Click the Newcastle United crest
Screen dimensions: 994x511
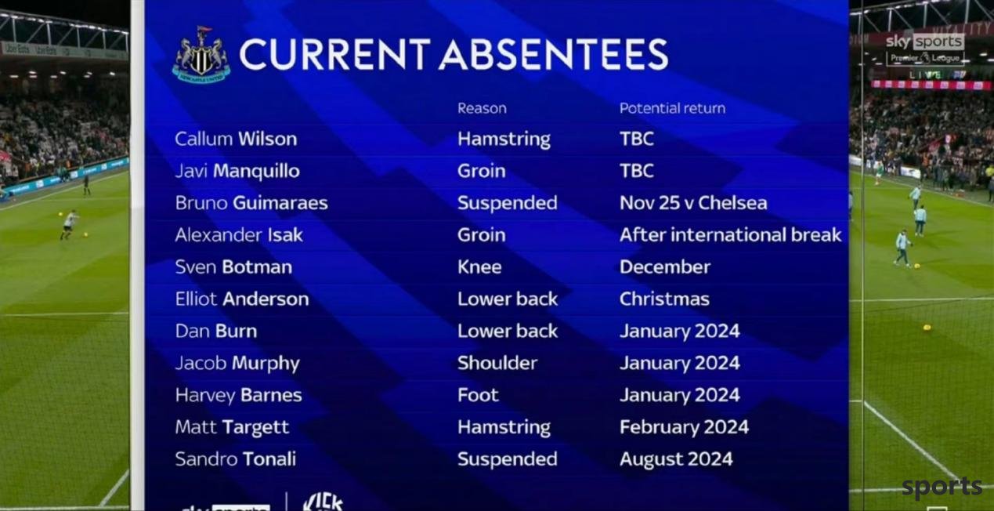tap(201, 55)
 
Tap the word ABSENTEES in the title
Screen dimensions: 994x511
tap(554, 54)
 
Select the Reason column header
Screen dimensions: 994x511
tap(482, 108)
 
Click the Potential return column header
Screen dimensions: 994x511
tap(672, 108)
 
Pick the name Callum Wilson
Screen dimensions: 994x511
tap(236, 139)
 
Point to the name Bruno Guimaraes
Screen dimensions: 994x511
tap(251, 203)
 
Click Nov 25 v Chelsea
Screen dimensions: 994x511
tap(693, 203)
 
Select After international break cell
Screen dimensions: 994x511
tap(730, 235)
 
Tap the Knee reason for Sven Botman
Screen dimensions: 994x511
tap(479, 266)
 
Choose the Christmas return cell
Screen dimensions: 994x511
tap(665, 299)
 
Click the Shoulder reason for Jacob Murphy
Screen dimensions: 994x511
tap(497, 363)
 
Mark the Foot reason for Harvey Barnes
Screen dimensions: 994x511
tap(479, 395)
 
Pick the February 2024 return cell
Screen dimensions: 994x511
tap(685, 427)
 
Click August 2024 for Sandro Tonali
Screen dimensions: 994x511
tap(676, 459)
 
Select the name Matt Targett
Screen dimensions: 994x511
tap(232, 428)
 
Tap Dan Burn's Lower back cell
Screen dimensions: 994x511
tap(508, 332)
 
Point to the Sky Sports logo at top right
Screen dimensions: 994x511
tap(925, 42)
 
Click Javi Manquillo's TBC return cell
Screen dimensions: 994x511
tap(637, 171)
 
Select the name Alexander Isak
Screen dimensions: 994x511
tap(239, 235)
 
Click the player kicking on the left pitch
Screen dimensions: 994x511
tap(69, 225)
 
